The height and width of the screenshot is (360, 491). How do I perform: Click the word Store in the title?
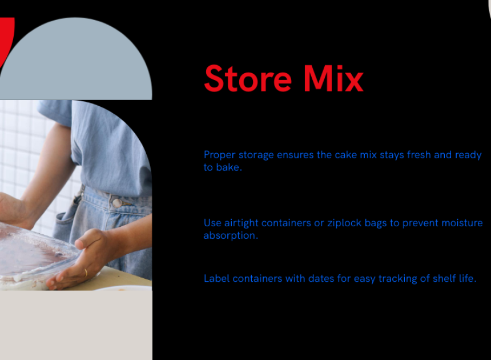click(248, 78)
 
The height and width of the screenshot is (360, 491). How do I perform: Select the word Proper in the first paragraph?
click(219, 155)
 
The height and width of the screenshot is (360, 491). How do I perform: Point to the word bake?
click(229, 167)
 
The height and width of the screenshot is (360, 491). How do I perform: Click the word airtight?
click(241, 223)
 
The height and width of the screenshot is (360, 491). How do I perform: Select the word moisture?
click(462, 223)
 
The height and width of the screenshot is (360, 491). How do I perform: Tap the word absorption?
click(231, 235)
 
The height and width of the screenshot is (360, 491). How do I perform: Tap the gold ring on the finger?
click(86, 273)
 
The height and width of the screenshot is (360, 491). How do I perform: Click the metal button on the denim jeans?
click(117, 203)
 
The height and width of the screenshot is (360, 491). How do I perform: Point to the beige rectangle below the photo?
click(76, 325)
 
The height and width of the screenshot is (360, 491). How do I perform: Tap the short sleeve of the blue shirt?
click(56, 112)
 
